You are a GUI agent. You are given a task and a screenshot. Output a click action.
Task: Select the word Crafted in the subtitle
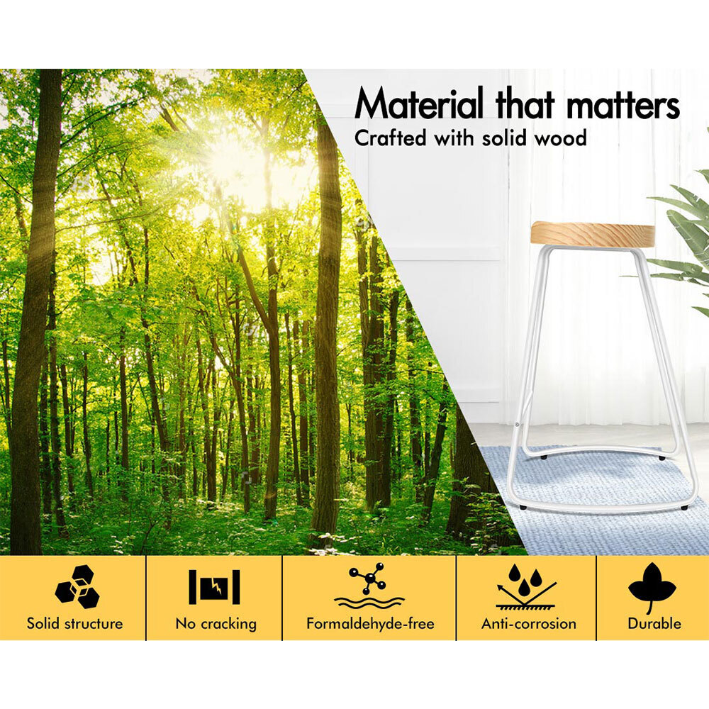click(390, 138)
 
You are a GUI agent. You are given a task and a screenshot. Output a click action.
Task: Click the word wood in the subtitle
click(561, 138)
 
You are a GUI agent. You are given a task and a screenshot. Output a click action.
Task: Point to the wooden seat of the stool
click(593, 235)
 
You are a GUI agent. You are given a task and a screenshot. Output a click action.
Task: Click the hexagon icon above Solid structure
click(77, 586)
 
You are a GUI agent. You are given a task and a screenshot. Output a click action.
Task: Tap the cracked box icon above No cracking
click(214, 587)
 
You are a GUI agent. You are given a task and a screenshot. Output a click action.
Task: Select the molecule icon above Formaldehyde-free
click(369, 586)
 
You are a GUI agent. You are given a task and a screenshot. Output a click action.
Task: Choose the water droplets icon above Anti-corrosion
click(525, 586)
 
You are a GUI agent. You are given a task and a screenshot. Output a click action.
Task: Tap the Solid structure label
click(74, 623)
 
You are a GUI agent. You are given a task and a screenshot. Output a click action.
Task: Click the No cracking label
click(216, 624)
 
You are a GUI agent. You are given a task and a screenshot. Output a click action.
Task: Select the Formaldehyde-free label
click(370, 623)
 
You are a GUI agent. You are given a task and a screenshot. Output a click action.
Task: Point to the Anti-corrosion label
click(529, 623)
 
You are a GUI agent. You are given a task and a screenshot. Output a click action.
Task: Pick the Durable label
click(654, 623)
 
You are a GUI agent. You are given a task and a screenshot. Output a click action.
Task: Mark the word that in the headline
click(525, 104)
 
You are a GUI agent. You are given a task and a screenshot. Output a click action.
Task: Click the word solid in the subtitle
click(505, 138)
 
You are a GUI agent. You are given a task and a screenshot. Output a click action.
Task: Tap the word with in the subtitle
click(454, 138)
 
